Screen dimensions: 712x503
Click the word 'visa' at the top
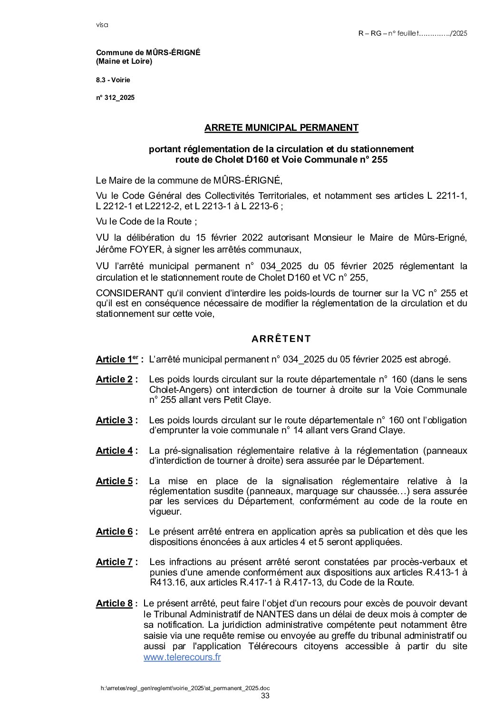[x=102, y=25]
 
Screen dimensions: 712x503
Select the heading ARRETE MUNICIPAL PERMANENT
[x=281, y=127]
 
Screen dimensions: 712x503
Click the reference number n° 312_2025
[x=115, y=98]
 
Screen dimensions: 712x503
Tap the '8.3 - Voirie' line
[x=113, y=80]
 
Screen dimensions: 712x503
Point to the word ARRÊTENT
[x=281, y=339]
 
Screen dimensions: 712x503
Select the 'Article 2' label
[x=114, y=379]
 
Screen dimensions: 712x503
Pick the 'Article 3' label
[x=114, y=420]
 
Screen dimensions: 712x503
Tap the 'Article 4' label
[x=114, y=450]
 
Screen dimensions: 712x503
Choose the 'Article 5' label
[x=114, y=481]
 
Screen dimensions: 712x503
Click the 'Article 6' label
[x=114, y=531]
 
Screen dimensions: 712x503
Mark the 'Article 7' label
[x=114, y=562]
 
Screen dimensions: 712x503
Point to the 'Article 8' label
[x=114, y=603]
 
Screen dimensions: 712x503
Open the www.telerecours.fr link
[x=182, y=657]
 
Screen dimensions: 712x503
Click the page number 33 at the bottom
[x=265, y=696]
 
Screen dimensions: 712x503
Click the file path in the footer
[x=185, y=688]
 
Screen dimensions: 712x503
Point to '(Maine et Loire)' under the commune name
[x=124, y=61]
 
